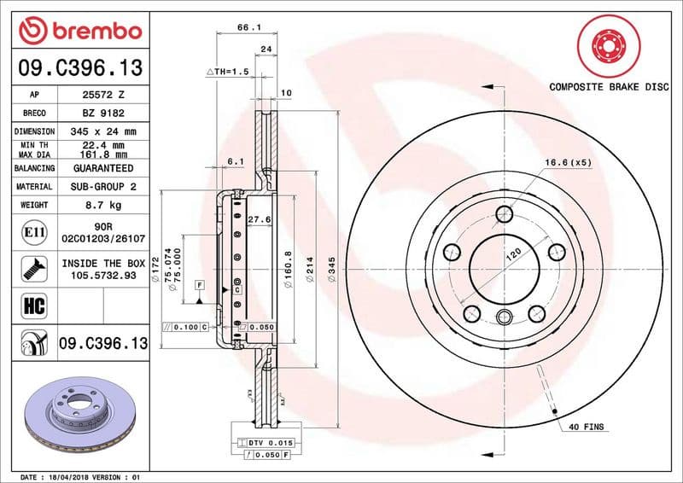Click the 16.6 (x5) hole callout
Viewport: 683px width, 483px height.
tap(568, 162)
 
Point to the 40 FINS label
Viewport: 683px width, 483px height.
tap(585, 427)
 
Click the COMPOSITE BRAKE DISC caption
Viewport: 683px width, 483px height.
tap(607, 87)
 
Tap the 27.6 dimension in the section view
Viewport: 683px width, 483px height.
tap(259, 219)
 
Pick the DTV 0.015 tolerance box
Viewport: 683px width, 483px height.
tap(271, 441)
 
